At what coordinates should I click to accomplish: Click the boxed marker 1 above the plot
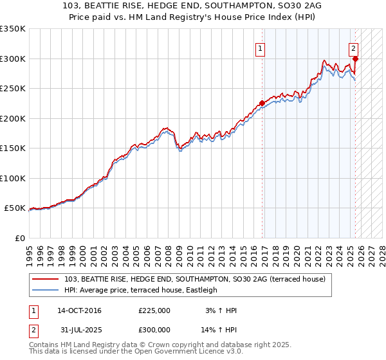[x=260, y=48]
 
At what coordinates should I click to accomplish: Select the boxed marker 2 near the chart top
[x=354, y=48]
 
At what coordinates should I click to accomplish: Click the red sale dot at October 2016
[x=262, y=103]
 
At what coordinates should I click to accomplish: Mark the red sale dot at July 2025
[x=356, y=59]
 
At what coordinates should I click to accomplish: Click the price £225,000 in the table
[x=154, y=310]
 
